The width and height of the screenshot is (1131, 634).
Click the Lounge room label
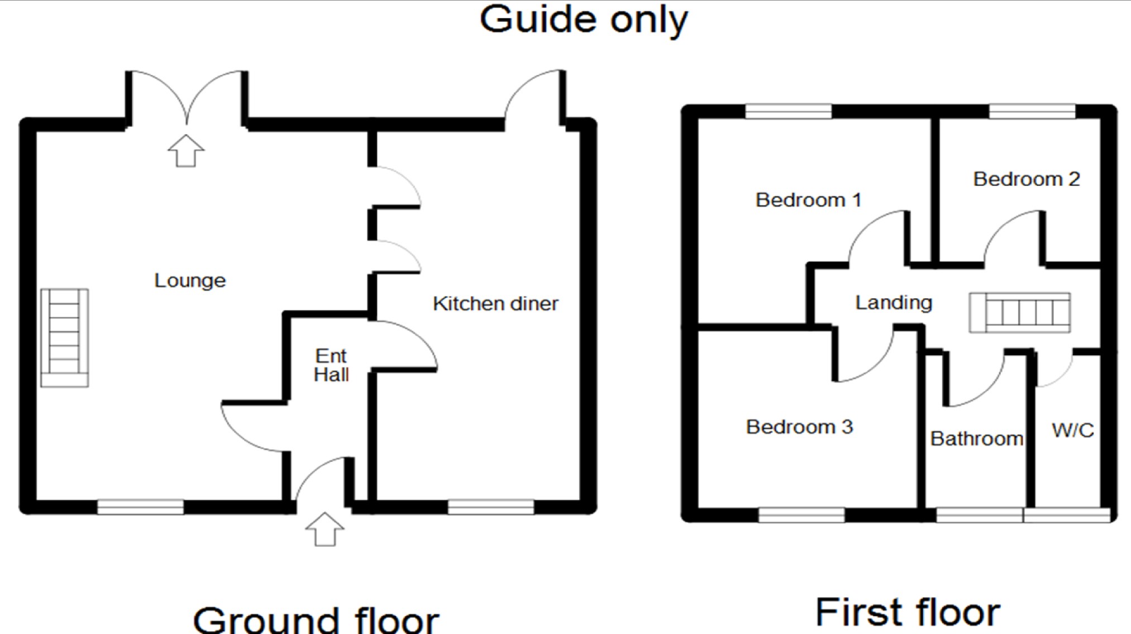click(x=190, y=280)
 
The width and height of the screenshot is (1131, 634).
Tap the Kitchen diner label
click(x=495, y=304)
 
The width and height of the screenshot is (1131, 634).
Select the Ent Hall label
click(x=331, y=365)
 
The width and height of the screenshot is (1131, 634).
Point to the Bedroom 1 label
click(x=808, y=200)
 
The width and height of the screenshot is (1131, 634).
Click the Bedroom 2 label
click(x=1026, y=179)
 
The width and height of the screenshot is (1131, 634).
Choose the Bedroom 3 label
click(x=799, y=427)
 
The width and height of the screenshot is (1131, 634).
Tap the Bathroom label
click(x=976, y=439)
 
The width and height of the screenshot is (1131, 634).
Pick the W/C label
click(x=1072, y=431)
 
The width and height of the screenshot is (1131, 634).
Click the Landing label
click(x=894, y=303)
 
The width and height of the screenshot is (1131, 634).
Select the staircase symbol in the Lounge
click(x=65, y=337)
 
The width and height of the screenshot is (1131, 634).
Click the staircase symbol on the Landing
click(x=1020, y=313)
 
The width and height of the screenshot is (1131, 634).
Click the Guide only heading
click(x=584, y=21)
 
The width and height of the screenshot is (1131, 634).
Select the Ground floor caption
click(x=316, y=619)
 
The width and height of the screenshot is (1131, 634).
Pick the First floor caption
click(x=908, y=613)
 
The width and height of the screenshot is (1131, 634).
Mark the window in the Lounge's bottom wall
click(x=140, y=507)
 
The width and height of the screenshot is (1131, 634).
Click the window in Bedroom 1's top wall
click(x=788, y=111)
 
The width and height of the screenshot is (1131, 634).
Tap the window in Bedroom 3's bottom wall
click(x=801, y=515)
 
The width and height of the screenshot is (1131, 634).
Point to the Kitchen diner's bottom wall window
click(x=490, y=507)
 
